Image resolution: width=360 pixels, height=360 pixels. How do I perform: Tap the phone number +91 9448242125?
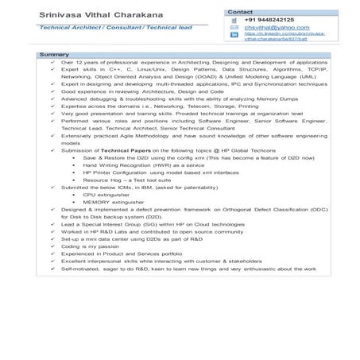[269, 20]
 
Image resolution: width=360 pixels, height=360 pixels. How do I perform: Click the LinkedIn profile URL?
[286, 37]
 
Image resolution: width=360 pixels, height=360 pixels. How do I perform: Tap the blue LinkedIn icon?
[234, 35]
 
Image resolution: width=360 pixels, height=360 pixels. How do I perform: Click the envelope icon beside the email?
[234, 28]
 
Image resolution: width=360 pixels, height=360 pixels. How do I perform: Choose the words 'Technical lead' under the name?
[164, 27]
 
